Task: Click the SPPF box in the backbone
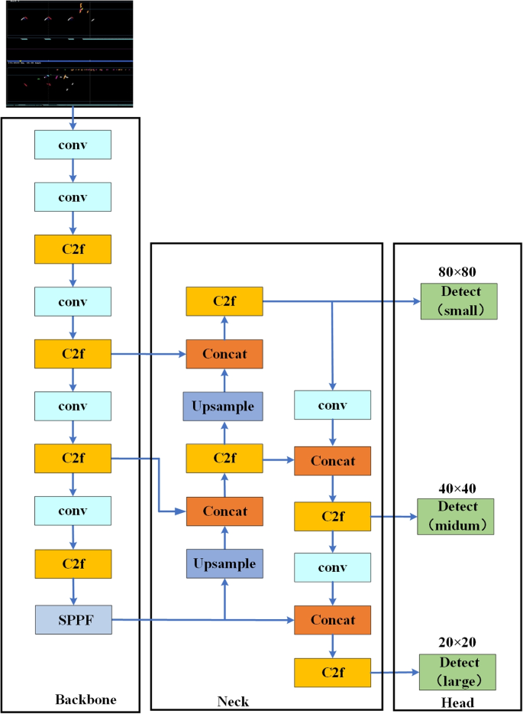point(73,619)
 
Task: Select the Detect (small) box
point(458,300)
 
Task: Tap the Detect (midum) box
point(456,516)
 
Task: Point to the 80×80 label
point(457,271)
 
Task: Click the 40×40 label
point(457,488)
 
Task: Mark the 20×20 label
point(457,643)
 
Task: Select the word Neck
point(234,701)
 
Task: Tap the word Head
point(458,703)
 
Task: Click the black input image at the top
point(69,54)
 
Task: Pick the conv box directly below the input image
point(73,144)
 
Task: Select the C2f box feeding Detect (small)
point(224,301)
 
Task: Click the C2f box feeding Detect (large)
point(332,673)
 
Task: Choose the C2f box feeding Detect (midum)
point(332,517)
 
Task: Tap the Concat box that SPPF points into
point(332,620)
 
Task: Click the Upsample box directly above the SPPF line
point(224,563)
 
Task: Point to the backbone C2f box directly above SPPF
point(73,563)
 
